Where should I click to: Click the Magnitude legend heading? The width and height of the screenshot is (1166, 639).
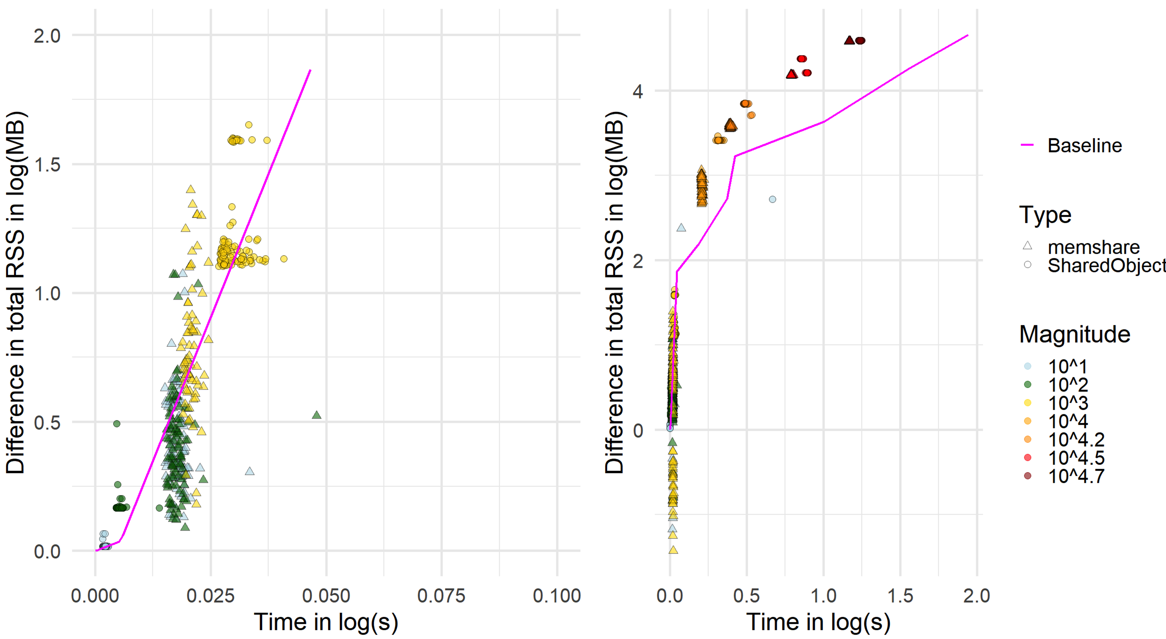pyautogui.click(x=1074, y=334)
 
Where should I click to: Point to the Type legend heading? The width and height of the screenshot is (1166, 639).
pyautogui.click(x=1045, y=215)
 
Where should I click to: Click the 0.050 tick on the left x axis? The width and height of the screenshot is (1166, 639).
pyautogui.click(x=326, y=596)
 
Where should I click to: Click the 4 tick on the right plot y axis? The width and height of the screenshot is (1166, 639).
pyautogui.click(x=638, y=92)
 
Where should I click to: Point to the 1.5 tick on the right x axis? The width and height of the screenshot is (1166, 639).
pyautogui.click(x=900, y=596)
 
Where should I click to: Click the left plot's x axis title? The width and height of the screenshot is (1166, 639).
pyautogui.click(x=326, y=622)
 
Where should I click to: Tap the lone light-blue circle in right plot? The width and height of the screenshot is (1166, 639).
pyautogui.click(x=772, y=199)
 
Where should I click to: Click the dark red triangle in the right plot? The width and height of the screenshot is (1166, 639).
pyautogui.click(x=849, y=40)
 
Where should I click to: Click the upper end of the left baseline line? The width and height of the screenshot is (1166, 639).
pyautogui.click(x=310, y=70)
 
